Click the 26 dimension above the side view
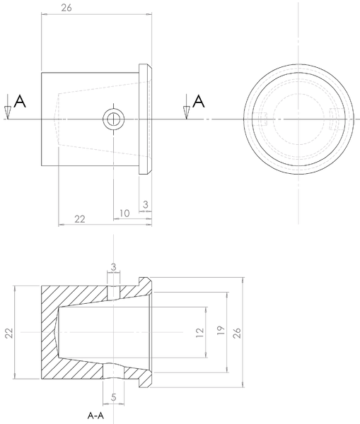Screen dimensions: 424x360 pyautogui.click(x=66, y=8)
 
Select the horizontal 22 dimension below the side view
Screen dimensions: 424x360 pyautogui.click(x=80, y=219)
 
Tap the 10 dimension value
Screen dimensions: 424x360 pyautogui.click(x=124, y=213)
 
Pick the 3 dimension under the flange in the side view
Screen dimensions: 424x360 pyautogui.click(x=145, y=204)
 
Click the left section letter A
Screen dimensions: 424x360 pyautogui.click(x=21, y=102)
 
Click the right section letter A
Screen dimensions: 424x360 pyautogui.click(x=199, y=102)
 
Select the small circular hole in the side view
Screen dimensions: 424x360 pyautogui.click(x=112, y=119)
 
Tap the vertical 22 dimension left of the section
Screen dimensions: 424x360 pyautogui.click(x=8, y=333)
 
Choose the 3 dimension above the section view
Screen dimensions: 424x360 pyautogui.click(x=113, y=266)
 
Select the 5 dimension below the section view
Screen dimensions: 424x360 pyautogui.click(x=113, y=398)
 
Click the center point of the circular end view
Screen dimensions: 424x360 pyautogui.click(x=297, y=119)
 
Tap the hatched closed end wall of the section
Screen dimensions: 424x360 pyautogui.click(x=48, y=333)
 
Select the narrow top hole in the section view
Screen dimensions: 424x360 pyautogui.click(x=113, y=290)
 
